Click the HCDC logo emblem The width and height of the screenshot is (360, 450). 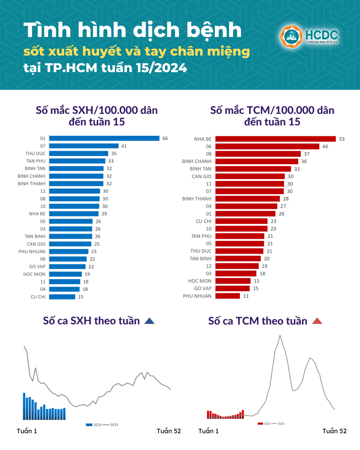click(291, 36)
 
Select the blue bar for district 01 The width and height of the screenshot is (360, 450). click(104, 138)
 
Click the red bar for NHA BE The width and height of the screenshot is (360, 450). click(275, 139)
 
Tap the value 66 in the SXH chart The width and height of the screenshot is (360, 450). click(165, 138)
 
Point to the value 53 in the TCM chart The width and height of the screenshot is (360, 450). click(342, 139)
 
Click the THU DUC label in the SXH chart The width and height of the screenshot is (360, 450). click(35, 153)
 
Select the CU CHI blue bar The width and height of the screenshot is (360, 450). click(62, 297)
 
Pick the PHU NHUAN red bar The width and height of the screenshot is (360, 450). click(228, 296)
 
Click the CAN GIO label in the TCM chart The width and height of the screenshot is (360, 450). click(202, 176)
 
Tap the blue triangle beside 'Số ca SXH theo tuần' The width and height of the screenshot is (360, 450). click(150, 321)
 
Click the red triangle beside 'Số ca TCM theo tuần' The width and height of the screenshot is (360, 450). click(317, 321)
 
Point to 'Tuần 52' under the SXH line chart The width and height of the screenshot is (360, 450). click(169, 431)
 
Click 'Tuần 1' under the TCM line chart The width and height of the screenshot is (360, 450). click(208, 431)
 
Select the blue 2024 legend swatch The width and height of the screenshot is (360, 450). click(89, 425)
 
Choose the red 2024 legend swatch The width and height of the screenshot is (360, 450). click(260, 424)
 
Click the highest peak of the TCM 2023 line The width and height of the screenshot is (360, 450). click(280, 336)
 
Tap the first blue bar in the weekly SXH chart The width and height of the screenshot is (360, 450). click(24, 406)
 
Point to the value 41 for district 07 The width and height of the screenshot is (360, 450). click(124, 146)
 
